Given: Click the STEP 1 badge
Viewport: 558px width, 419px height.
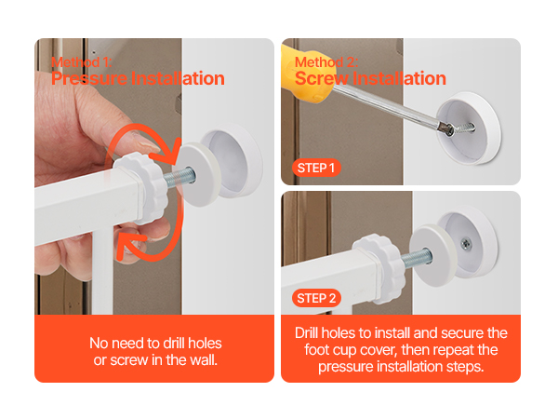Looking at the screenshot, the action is [x=316, y=168].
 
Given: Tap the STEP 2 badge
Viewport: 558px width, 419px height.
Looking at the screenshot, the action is [x=316, y=298].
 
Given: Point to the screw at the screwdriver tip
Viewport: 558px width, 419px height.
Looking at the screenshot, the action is [x=462, y=128].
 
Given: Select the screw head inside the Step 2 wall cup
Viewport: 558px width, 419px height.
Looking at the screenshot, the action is [x=466, y=244].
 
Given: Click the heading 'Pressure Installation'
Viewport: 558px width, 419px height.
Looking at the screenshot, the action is [x=138, y=78].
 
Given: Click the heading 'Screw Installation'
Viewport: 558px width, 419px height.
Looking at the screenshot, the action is [x=370, y=78].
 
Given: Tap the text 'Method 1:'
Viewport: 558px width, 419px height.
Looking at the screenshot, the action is [x=82, y=62].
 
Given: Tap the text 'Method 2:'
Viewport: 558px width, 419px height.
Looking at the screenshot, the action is [x=326, y=62].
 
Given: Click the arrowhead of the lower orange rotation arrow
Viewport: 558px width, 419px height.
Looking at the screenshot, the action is [x=128, y=245].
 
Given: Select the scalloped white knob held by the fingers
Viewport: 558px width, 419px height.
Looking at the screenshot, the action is [x=142, y=187].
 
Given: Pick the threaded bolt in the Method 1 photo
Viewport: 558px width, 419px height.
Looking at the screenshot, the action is [x=179, y=177].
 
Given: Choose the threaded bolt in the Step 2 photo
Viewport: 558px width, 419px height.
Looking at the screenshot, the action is [x=418, y=258].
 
